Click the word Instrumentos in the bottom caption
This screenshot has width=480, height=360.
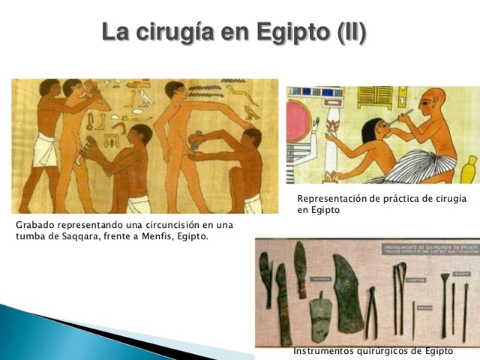point(322,351)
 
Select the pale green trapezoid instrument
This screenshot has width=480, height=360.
point(320,315)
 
